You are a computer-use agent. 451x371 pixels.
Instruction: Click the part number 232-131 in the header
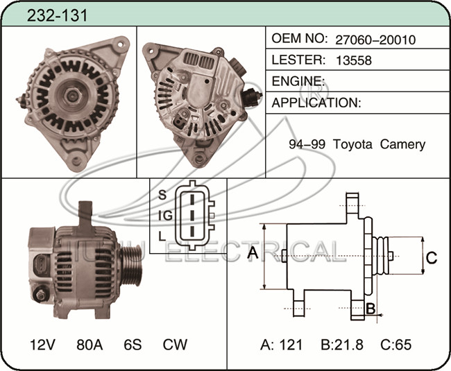coord(57,15)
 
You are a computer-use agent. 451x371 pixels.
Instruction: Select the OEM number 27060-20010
coord(375,40)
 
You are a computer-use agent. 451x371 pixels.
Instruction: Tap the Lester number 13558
coord(354,60)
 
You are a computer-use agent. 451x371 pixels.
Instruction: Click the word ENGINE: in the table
coord(298,81)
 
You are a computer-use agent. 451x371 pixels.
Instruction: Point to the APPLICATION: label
coord(316,103)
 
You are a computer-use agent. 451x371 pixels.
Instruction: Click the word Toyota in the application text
coord(352,144)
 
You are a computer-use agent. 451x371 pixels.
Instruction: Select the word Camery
coord(402,144)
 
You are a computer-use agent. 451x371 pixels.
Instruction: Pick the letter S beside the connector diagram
coord(162,195)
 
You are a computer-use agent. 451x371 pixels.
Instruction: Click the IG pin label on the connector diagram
coord(165,216)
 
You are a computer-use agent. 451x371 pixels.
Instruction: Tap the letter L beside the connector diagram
coord(162,236)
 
